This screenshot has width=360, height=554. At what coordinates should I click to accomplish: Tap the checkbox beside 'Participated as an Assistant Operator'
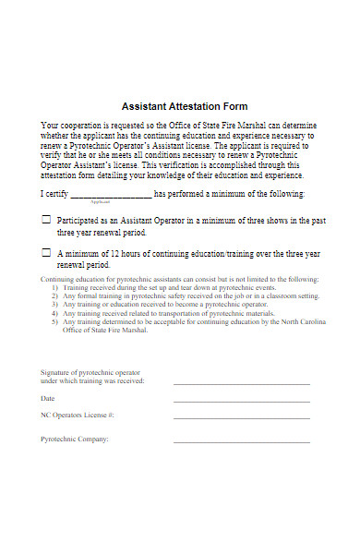click(46, 222)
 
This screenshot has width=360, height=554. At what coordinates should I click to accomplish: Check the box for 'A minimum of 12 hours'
click(46, 252)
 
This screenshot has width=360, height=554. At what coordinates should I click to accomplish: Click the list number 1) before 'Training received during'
click(54, 287)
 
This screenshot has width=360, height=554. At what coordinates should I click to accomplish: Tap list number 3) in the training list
click(54, 304)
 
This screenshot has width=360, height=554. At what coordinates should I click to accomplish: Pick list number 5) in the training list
click(54, 320)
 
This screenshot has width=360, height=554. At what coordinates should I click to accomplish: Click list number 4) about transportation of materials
click(54, 312)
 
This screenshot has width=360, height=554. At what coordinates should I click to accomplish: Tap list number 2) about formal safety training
click(54, 295)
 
